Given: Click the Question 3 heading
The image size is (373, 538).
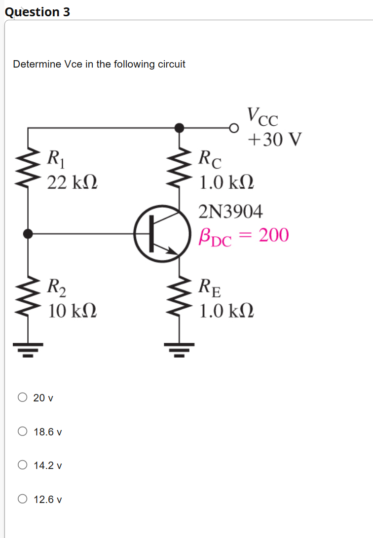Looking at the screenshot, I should tap(37, 12).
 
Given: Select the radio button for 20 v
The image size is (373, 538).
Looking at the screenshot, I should tap(23, 397).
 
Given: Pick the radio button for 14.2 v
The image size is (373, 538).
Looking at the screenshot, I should tap(23, 465).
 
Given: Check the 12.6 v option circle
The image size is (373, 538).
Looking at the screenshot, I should tap(23, 499).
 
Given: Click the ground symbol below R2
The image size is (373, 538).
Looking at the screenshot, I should tap(28, 350).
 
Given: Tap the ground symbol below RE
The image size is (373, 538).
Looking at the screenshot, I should tap(180, 350).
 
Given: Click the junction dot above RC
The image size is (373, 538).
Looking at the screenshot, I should tap(180, 128).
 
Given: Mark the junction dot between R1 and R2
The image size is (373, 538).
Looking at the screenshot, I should tap(28, 233).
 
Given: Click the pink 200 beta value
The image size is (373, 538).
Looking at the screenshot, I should tap(273, 235).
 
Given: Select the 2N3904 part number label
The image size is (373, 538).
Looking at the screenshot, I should tap(230, 212).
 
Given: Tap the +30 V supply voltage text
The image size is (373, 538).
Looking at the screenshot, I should tap(274, 140).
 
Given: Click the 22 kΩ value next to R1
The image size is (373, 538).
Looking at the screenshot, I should tap(72, 182).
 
